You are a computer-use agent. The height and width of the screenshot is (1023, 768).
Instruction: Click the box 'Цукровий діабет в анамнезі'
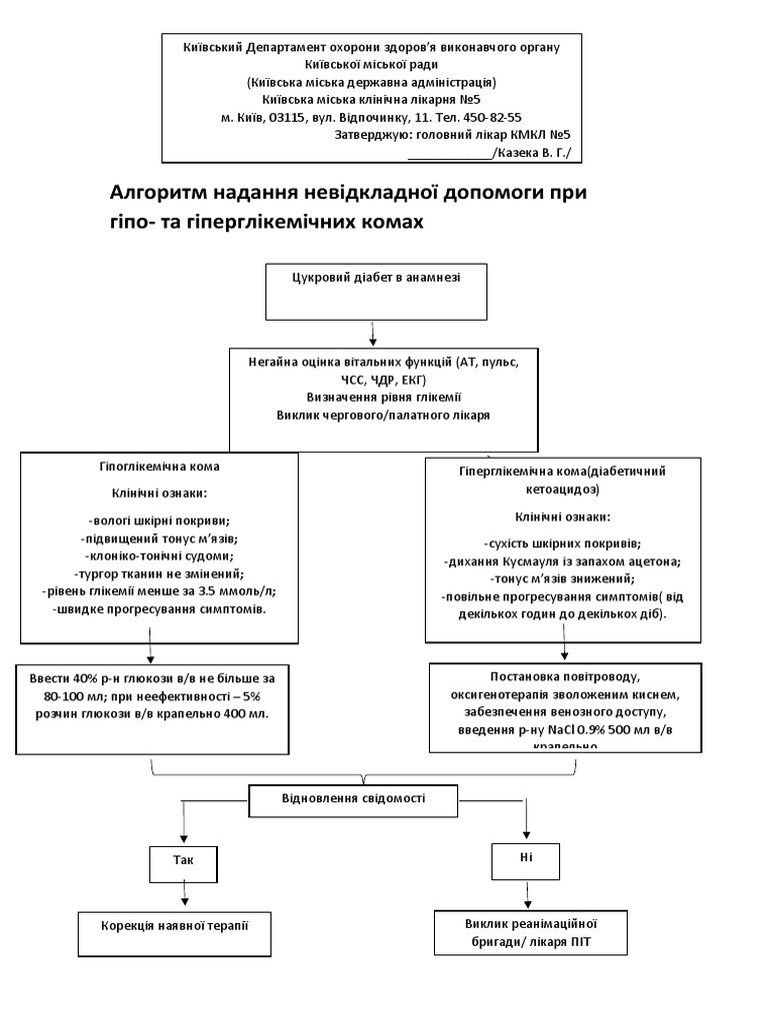coord(376,289)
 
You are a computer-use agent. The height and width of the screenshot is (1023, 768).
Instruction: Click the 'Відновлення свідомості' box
coord(353,799)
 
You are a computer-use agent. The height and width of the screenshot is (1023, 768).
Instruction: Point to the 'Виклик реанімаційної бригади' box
coord(531,932)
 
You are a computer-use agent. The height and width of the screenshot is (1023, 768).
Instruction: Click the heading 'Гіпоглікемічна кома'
coord(160,467)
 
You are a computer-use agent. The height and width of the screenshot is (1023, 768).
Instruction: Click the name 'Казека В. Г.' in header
coord(536,153)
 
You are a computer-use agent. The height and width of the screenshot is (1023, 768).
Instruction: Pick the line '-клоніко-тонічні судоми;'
coord(160,555)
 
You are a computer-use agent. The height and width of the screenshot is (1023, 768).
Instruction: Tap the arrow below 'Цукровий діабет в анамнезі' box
coord(373,332)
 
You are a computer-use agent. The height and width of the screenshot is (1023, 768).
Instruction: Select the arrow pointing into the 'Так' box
coord(181,824)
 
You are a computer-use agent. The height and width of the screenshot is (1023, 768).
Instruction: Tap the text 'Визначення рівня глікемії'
coord(383,396)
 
